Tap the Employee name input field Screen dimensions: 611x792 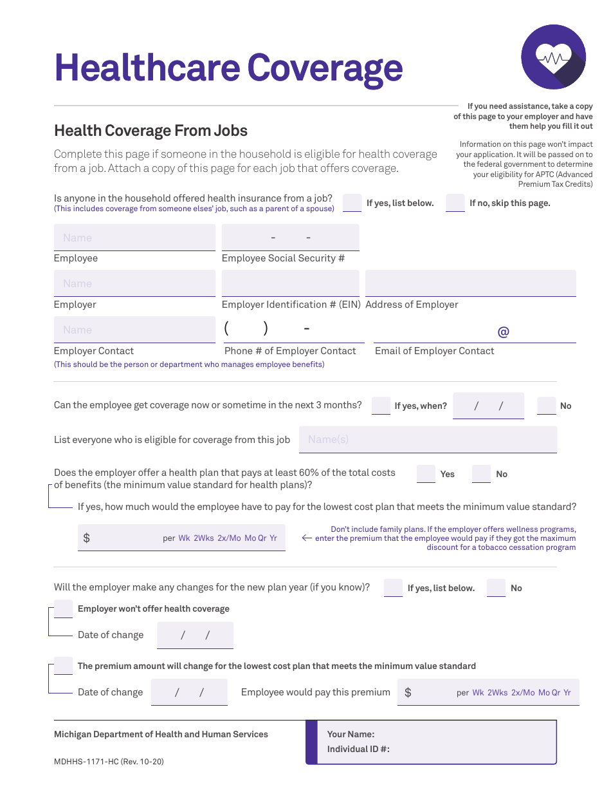click(134, 238)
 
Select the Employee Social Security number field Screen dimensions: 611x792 click(290, 238)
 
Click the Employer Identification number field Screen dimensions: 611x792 click(290, 283)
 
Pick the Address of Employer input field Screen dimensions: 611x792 click(470, 283)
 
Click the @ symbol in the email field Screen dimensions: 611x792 click(503, 332)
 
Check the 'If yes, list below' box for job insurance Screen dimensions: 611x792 click(352, 202)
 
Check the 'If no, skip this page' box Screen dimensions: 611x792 click(455, 202)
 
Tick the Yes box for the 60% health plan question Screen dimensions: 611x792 click(426, 473)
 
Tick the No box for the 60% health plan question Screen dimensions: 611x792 click(481, 473)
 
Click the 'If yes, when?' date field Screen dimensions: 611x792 click(488, 406)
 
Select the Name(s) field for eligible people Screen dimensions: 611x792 click(428, 439)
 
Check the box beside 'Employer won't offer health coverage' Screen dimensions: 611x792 click(63, 608)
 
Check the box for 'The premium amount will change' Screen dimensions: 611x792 click(63, 666)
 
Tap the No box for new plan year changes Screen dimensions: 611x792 click(496, 587)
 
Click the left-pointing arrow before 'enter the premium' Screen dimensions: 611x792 click(307, 538)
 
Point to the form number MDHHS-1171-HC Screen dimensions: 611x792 click(109, 762)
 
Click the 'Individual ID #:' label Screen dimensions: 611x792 click(358, 749)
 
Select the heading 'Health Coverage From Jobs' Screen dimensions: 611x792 click(150, 131)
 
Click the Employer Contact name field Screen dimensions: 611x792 click(134, 330)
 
